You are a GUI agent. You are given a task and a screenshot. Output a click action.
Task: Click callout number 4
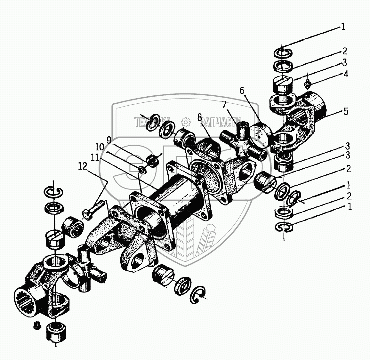[345, 74]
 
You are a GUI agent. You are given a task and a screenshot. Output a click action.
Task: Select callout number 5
[346, 112]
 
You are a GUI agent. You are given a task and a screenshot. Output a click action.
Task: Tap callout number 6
[242, 91]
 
